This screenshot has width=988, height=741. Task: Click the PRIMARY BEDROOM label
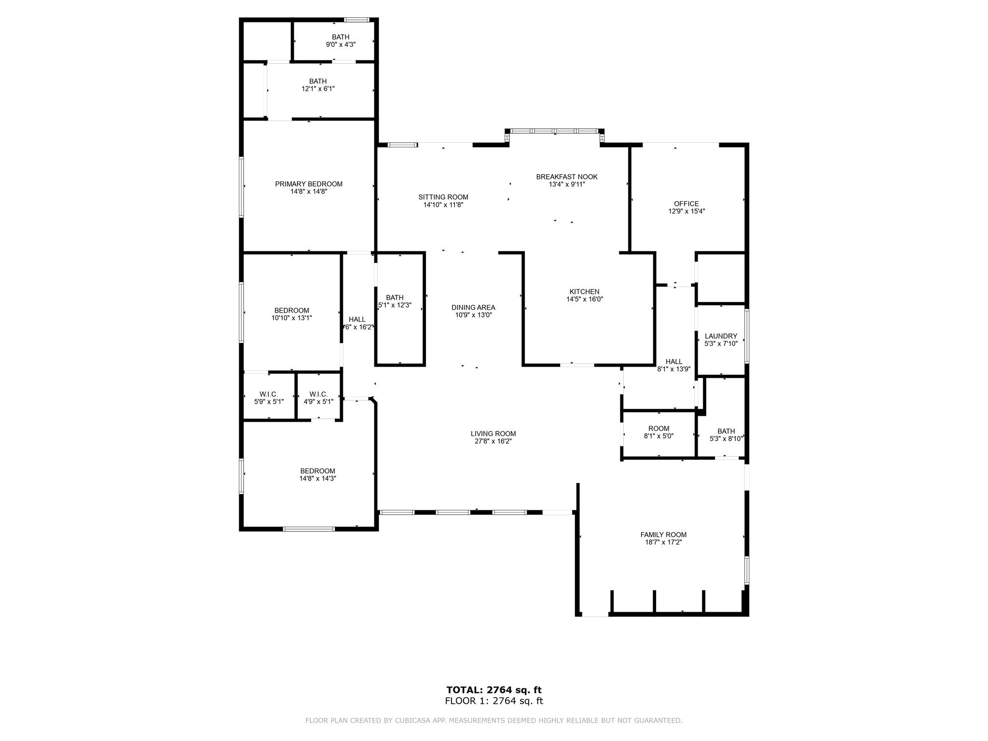(x=309, y=184)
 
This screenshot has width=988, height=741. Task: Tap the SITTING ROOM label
(x=443, y=197)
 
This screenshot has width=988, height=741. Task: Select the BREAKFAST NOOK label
(x=567, y=177)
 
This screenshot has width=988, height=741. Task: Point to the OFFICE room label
(x=686, y=204)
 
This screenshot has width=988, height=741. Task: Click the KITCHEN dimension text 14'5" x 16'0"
(x=585, y=299)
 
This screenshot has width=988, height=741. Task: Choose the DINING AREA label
(x=473, y=307)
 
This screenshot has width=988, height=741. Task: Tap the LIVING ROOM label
(x=494, y=434)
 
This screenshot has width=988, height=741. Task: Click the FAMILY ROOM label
(x=663, y=535)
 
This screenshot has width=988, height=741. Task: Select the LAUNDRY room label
(x=721, y=336)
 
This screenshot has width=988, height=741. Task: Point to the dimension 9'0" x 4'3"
(x=341, y=44)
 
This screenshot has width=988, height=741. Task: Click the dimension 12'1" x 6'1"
(x=318, y=89)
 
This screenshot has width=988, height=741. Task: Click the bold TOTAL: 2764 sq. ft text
(x=494, y=690)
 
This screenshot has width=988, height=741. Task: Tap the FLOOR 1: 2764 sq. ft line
(x=494, y=701)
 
